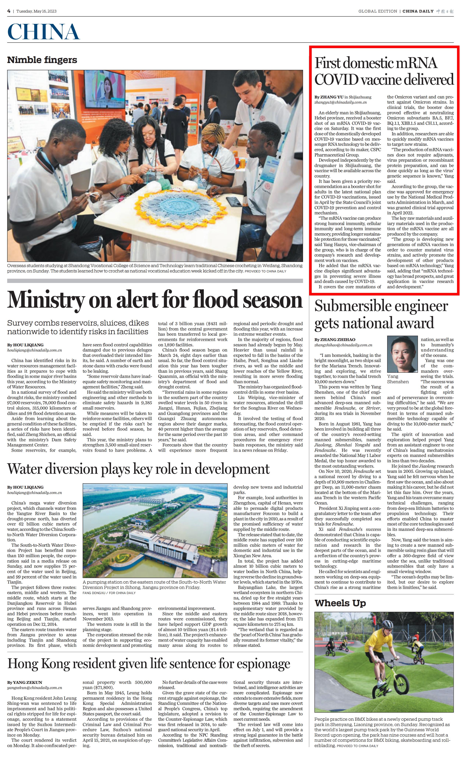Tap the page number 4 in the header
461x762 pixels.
9,11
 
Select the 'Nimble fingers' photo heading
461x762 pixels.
42,60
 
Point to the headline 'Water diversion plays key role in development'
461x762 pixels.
138,469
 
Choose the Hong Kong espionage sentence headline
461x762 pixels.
149,664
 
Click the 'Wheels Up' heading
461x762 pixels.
340,603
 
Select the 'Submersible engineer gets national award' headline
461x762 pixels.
381,314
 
